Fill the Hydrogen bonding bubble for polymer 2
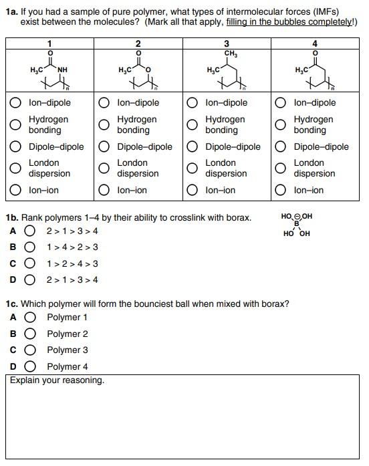(x=104, y=125)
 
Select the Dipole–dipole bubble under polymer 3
(x=193, y=147)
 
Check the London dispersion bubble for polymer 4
(x=281, y=168)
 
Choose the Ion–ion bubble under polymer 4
(x=281, y=191)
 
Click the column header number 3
(x=227, y=43)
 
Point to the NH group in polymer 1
(x=62, y=69)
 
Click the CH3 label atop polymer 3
(x=230, y=53)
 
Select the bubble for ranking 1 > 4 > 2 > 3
(x=29, y=247)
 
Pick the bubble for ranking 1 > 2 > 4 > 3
(x=29, y=263)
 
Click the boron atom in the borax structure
(x=297, y=224)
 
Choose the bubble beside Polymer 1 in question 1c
(x=29, y=318)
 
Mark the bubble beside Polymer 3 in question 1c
(x=29, y=350)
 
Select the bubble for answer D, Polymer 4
(x=29, y=366)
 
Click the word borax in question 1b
(x=238, y=218)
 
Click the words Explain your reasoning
(x=57, y=380)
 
